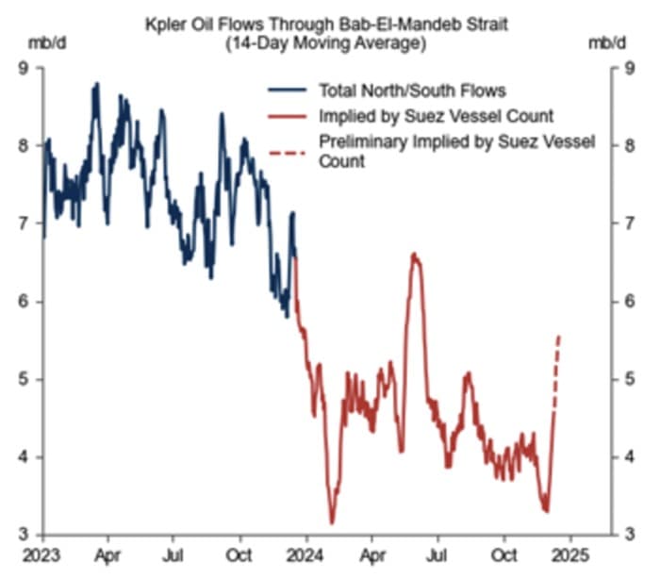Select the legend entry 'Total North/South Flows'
click(413, 91)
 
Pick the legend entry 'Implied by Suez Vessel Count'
click(437, 117)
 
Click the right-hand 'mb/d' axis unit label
click(606, 43)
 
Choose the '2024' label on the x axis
click(306, 553)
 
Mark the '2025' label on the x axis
click(570, 553)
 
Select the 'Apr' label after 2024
click(374, 553)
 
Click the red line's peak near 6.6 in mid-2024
click(414, 254)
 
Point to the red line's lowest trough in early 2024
click(332, 522)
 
